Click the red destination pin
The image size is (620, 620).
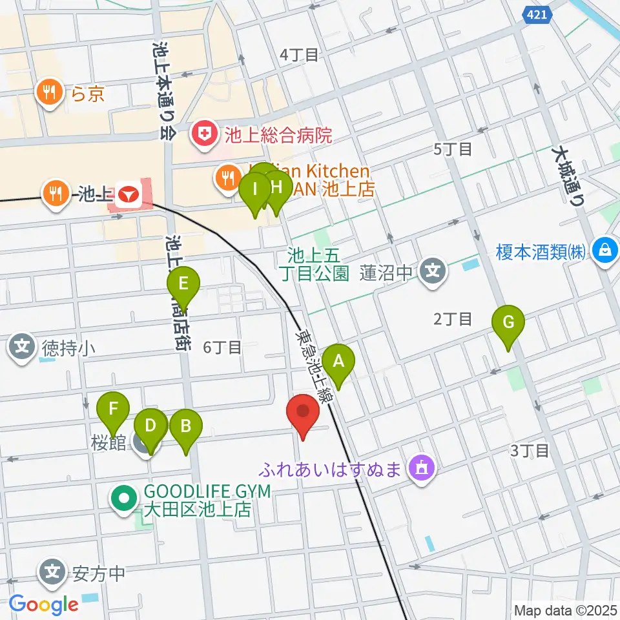303,412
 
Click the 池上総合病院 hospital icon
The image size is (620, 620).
205,136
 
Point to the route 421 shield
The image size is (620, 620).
537,14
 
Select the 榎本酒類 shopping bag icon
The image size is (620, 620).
606,249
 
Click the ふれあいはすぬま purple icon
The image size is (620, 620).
422,466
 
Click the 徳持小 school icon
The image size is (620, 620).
23,347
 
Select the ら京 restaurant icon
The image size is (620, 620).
50,92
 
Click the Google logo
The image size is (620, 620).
44,604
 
